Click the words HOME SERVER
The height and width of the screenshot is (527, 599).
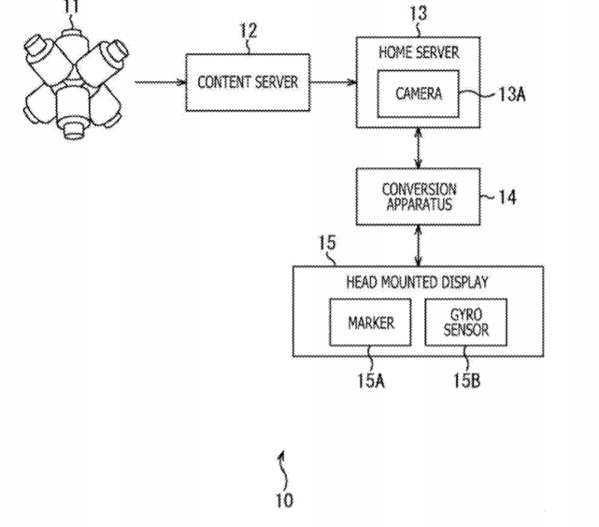[419, 52]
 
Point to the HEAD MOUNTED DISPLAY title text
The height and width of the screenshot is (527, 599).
[417, 282]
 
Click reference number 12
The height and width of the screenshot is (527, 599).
[249, 31]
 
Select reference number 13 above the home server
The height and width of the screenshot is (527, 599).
[418, 13]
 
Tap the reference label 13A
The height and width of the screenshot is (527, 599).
[512, 94]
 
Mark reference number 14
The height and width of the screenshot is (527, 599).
[507, 197]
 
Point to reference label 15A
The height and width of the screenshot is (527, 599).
[371, 380]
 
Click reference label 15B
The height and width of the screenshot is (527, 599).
[466, 380]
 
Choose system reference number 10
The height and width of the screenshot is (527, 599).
[284, 500]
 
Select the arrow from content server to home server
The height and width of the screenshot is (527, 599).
[333, 82]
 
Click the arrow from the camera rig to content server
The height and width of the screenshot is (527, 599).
[160, 82]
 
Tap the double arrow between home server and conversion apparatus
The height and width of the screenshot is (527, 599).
[419, 149]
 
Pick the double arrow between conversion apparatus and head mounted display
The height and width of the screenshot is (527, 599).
[419, 246]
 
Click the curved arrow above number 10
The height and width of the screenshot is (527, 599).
[283, 471]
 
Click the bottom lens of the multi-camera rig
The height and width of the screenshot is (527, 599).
[73, 130]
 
